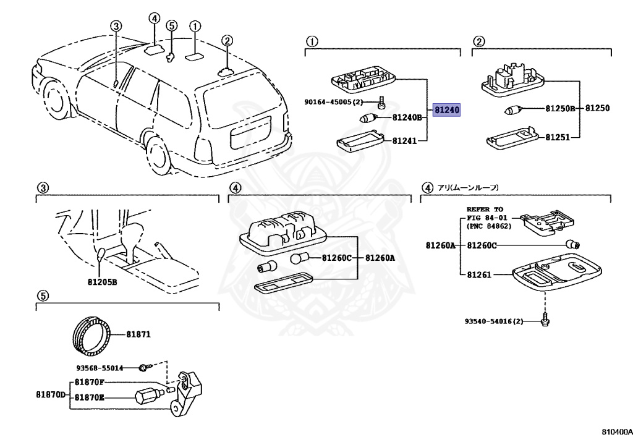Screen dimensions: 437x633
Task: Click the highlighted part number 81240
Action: tap(446, 110)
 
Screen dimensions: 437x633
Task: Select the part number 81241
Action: tap(404, 141)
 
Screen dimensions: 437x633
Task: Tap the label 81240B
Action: tap(406, 117)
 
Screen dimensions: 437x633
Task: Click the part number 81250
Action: tap(597, 108)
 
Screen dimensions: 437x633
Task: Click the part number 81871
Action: tap(138, 334)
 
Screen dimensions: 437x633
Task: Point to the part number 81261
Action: tap(479, 274)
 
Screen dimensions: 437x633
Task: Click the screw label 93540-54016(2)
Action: tap(494, 321)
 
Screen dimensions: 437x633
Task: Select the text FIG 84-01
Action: tap(486, 218)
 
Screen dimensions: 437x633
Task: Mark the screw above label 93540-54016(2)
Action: tap(546, 319)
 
